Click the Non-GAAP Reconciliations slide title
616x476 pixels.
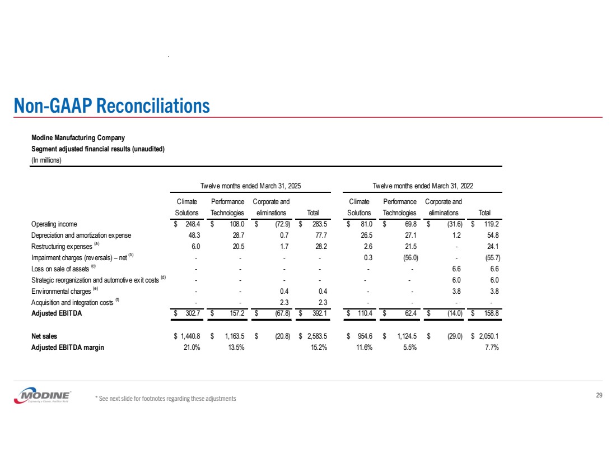(113, 105)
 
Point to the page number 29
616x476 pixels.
(599, 396)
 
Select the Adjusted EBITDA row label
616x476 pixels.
(57, 313)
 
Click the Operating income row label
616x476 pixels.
(54, 224)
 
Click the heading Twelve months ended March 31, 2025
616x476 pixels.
(252, 186)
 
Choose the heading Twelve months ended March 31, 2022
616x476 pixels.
(424, 186)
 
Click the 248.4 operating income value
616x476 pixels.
(190, 224)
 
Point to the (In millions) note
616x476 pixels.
(46, 160)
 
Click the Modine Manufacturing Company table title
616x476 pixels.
(78, 137)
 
